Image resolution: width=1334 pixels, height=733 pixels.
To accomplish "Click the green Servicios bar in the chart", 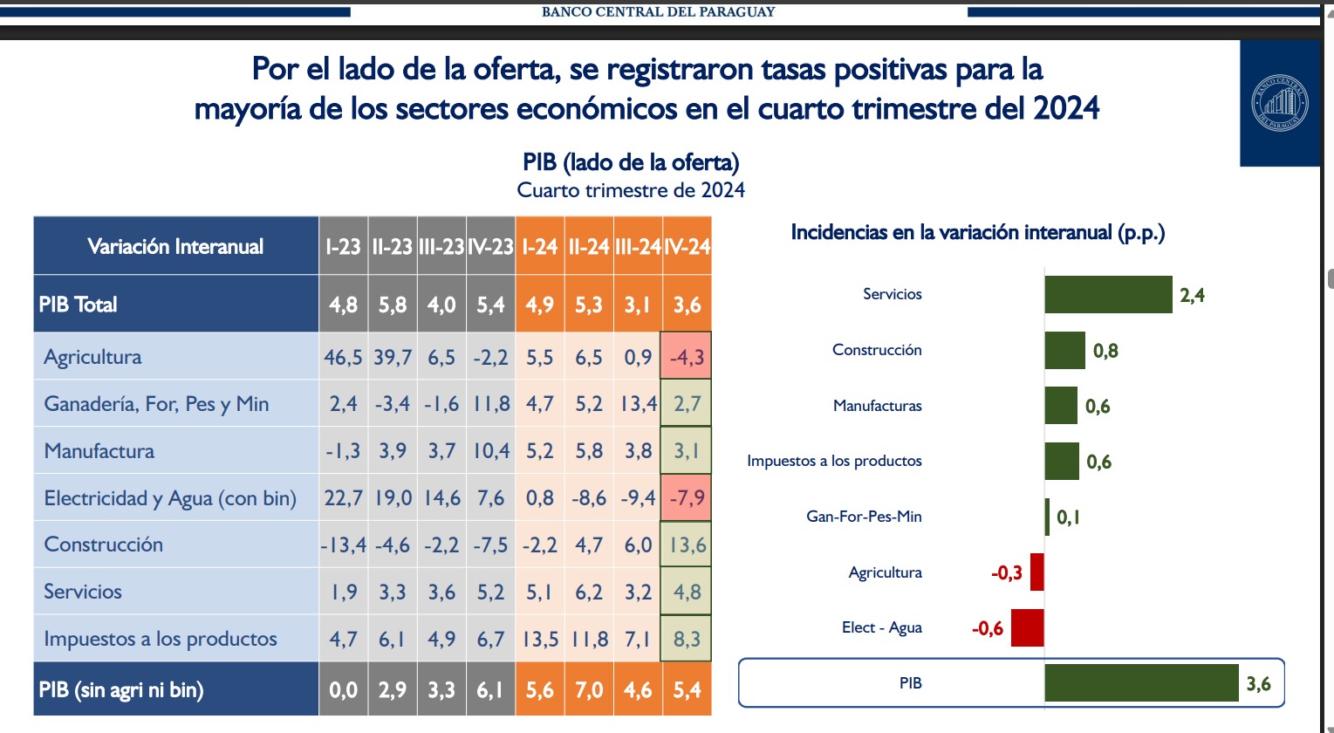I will pyautogui.click(x=1108, y=294).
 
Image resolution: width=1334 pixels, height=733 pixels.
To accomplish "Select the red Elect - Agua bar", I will pyautogui.click(x=1027, y=627).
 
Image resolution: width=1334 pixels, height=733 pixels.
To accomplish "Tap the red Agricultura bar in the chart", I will pyautogui.click(x=1036, y=572).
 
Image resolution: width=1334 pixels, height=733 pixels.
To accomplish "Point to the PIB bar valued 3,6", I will pyautogui.click(x=1141, y=682).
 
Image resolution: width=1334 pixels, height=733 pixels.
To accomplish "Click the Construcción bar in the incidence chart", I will pyautogui.click(x=1064, y=350).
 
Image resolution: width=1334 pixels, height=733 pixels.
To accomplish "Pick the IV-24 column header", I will pyautogui.click(x=688, y=247).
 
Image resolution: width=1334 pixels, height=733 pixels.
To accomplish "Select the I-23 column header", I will pyautogui.click(x=343, y=247).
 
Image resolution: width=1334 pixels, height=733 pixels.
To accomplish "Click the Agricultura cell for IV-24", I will pyautogui.click(x=687, y=356).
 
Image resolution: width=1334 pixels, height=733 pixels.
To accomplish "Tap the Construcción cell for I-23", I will pyautogui.click(x=343, y=545).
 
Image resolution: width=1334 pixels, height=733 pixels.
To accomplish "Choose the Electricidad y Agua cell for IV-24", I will pyautogui.click(x=687, y=498).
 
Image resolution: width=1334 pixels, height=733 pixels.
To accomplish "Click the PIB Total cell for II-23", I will pyautogui.click(x=393, y=305).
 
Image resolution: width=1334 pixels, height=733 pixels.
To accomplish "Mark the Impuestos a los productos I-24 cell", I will pyautogui.click(x=539, y=639).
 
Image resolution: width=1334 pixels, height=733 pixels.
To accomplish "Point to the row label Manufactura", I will pyautogui.click(x=99, y=451).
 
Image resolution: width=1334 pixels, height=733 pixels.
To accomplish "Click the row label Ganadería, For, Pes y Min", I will pyautogui.click(x=156, y=404).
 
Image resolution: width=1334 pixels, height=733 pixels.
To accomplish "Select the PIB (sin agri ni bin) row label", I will pyautogui.click(x=121, y=690).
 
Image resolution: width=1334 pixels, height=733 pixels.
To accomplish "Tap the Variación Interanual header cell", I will pyautogui.click(x=175, y=247).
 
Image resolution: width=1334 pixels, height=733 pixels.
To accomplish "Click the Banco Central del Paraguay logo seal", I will pyautogui.click(x=1280, y=103).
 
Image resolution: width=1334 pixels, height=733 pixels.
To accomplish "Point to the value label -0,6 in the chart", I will pyautogui.click(x=987, y=628).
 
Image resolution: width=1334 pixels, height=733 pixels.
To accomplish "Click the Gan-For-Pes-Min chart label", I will pyautogui.click(x=864, y=517).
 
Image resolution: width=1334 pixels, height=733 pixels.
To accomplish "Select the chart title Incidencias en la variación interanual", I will pyautogui.click(x=977, y=232).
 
